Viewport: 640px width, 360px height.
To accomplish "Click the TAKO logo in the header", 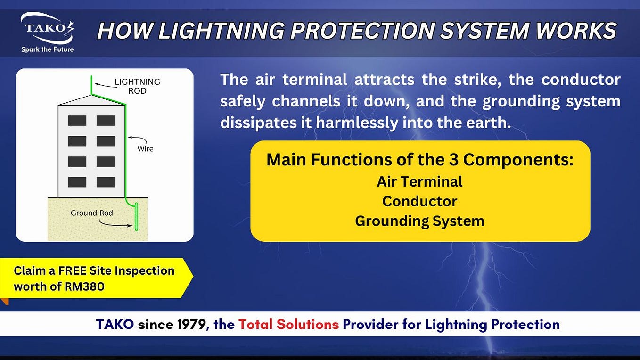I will pos(47,28).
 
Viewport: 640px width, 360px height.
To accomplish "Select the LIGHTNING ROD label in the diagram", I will pos(137,86).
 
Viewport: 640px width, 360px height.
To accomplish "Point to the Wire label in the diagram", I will pos(145,148).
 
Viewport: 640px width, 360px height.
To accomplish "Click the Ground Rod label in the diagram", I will pos(91,213).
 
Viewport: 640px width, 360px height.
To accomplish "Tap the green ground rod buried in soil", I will pos(136,217).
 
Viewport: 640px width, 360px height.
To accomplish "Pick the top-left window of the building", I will pos(77,121).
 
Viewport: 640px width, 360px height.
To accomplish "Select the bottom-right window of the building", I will pos(106,182).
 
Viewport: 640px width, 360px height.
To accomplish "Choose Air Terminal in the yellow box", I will pos(419,181).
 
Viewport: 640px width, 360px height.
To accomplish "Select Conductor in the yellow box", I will pos(419,201).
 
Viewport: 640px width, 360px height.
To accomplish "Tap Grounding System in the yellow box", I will pos(419,221).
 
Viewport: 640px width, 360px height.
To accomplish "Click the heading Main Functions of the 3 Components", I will pos(419,160).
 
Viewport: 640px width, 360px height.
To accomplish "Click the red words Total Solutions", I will pos(288,324).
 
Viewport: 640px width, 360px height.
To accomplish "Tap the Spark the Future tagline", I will pos(47,49).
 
